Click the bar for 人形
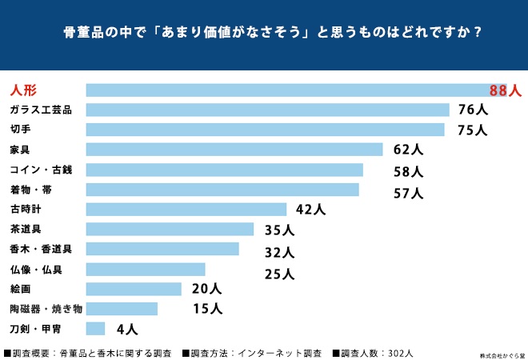(x=296, y=90)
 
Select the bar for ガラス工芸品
(x=267, y=110)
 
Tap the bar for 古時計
(x=186, y=210)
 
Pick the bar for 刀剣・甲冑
(x=95, y=328)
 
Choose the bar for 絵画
(x=134, y=289)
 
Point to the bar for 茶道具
(x=170, y=230)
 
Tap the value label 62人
(x=408, y=150)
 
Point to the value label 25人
(x=279, y=274)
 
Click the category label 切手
(x=20, y=130)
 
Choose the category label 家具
(x=20, y=150)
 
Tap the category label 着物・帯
(x=31, y=190)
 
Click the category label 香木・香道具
(x=41, y=249)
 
